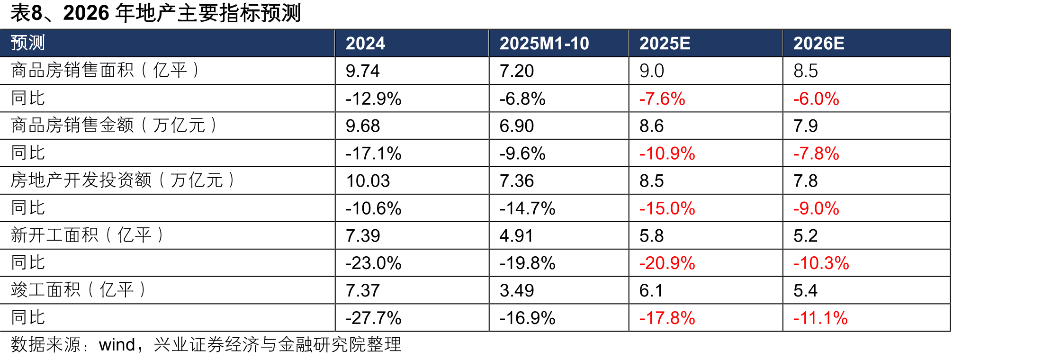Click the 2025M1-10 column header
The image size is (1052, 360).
pos(544,44)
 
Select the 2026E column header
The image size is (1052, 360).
pos(819,44)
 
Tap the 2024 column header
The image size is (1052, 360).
pos(365,44)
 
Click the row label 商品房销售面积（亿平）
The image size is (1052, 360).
pos(105,70)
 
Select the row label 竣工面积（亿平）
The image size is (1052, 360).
pos(78,290)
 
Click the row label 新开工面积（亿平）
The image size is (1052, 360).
pos(87,235)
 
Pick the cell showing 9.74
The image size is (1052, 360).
pos(363,71)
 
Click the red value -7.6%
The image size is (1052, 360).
pos(662,99)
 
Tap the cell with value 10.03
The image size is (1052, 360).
pos(368,181)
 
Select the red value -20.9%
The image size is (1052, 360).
pos(667,263)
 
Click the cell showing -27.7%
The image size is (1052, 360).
pos(374,318)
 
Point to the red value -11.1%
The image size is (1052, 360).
pos(820,318)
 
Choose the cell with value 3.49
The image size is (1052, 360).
pos(517,290)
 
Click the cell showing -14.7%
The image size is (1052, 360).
pos(528,208)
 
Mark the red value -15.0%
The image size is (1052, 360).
pos(667,208)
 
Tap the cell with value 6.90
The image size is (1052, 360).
pos(517,126)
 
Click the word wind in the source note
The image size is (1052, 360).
pos(117,345)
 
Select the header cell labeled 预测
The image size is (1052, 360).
pos(28,43)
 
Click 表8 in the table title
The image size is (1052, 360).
pos(27,13)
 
